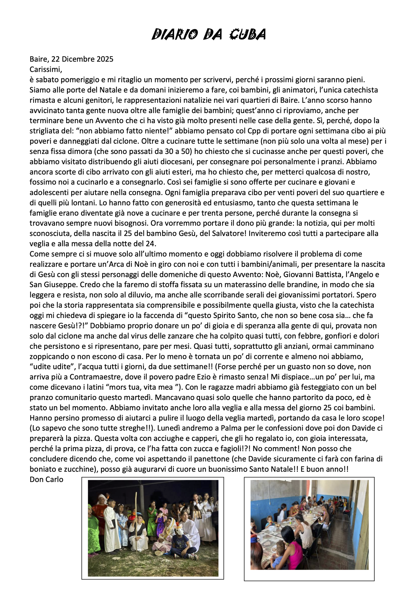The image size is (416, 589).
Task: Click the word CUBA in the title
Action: click(247, 34)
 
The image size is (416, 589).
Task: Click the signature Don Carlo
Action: click(46, 479)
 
